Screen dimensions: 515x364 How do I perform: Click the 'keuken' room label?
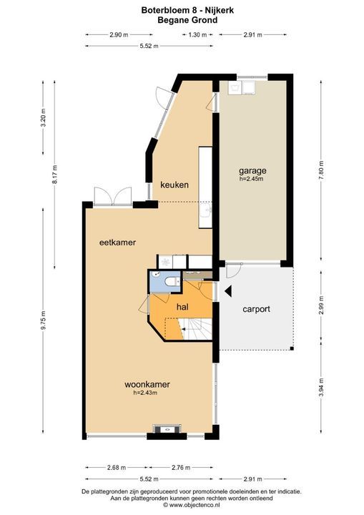tap(174, 185)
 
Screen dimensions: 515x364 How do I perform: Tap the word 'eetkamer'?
tap(117, 242)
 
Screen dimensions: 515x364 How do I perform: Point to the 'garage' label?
tap(252, 171)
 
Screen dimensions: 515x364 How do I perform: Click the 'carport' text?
tap(256, 310)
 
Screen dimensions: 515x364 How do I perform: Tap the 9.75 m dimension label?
tap(44, 319)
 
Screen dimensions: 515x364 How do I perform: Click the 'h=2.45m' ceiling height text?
tap(252, 179)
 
